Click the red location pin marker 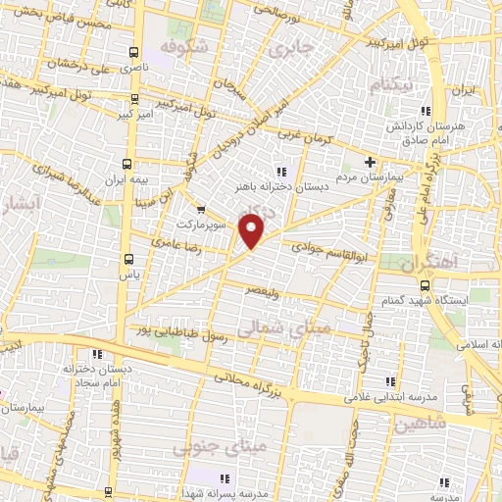[x=253, y=232]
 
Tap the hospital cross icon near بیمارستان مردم [x=370, y=162]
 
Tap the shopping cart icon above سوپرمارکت [x=201, y=210]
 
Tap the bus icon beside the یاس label [x=128, y=259]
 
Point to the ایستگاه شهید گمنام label [x=455, y=298]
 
